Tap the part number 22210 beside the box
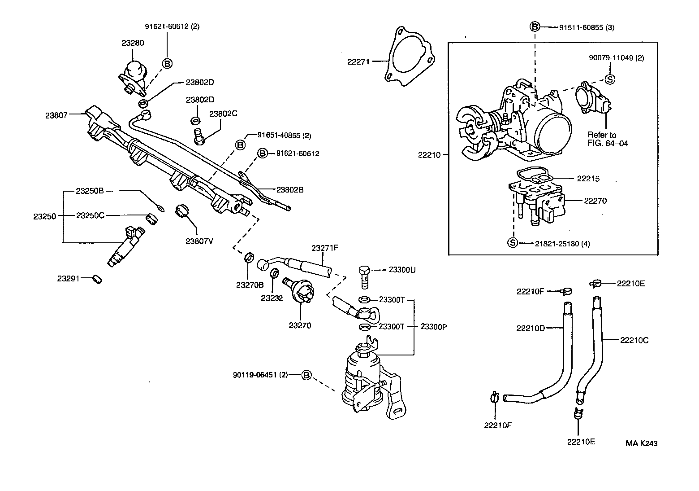(430, 155)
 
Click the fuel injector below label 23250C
(126, 247)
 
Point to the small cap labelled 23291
(97, 279)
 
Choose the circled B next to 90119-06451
(306, 375)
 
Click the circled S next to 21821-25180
(512, 243)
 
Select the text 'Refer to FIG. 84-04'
(602, 139)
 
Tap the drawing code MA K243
(642, 443)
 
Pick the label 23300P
(434, 327)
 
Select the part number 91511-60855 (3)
(587, 27)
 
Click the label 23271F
(325, 248)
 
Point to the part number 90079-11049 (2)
(616, 58)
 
